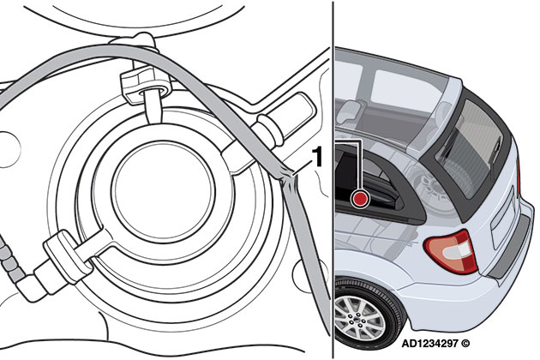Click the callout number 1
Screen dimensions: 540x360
click(317, 156)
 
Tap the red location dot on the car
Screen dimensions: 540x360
click(360, 199)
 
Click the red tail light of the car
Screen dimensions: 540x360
click(451, 251)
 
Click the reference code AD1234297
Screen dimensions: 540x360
click(429, 345)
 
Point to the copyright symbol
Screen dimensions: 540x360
click(465, 345)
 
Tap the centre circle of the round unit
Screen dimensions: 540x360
click(164, 191)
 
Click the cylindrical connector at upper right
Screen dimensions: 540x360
click(285, 117)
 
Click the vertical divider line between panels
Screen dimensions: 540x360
click(333, 180)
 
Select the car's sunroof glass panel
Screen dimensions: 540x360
click(407, 88)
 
